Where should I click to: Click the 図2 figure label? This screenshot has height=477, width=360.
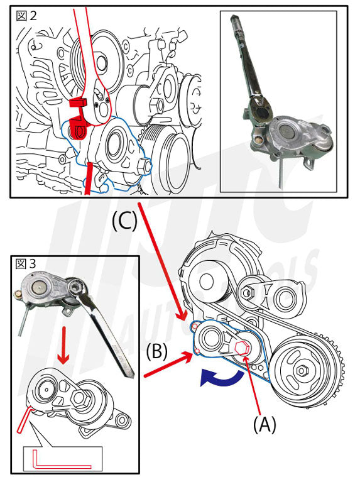pyautogui.click(x=26, y=16)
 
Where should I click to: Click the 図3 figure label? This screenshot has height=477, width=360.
pyautogui.click(x=26, y=264)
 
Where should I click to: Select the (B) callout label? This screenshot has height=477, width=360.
pyautogui.click(x=156, y=352)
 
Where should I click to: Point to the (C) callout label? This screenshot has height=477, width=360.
pyautogui.click(x=124, y=221)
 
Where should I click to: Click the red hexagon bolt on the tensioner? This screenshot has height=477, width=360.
pyautogui.click(x=242, y=348)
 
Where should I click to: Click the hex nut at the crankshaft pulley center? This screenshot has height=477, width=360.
pyautogui.click(x=302, y=370)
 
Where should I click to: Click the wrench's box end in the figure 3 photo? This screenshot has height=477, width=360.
pyautogui.click(x=76, y=287)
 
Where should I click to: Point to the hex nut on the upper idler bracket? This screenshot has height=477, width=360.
pyautogui.click(x=247, y=293)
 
